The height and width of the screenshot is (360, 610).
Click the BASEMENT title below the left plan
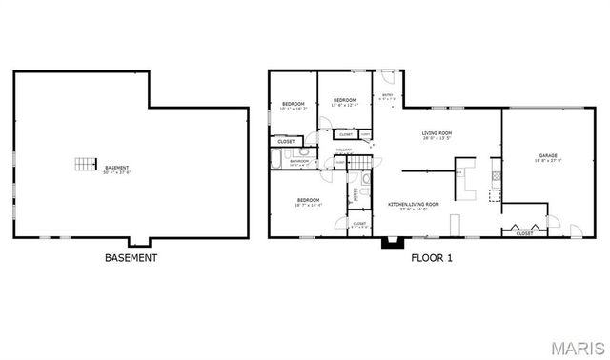(131, 257)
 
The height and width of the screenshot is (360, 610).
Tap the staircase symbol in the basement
(87, 163)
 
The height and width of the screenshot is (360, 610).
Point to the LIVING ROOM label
(437, 133)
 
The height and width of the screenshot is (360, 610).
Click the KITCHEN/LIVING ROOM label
(413, 204)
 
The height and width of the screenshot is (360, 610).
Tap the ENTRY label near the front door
(388, 95)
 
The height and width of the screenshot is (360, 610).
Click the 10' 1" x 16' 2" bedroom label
(293, 104)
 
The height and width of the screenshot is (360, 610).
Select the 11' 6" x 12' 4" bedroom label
(344, 101)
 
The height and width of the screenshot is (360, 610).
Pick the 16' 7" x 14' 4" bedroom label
(308, 200)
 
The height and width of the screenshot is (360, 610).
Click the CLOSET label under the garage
(524, 234)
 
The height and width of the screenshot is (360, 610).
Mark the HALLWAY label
(344, 150)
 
